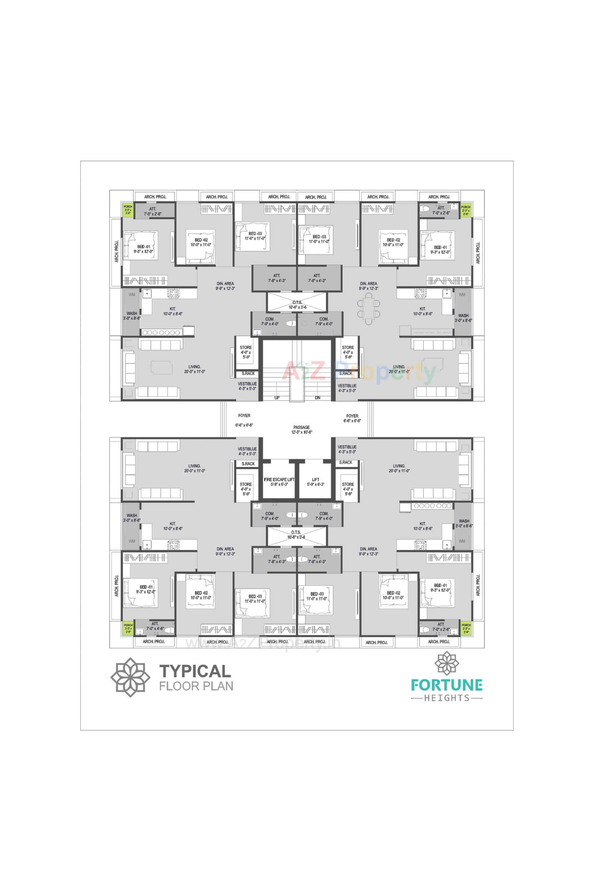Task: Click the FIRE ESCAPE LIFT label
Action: click(x=279, y=479)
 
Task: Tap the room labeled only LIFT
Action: click(x=316, y=479)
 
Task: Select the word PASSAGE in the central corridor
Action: click(x=302, y=427)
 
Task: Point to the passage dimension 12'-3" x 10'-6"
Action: click(x=302, y=432)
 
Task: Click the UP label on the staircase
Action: click(x=277, y=398)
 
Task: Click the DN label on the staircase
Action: click(x=317, y=398)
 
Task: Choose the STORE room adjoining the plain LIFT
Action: click(x=348, y=489)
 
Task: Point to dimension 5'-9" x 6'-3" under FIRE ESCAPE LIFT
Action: click(x=279, y=484)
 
